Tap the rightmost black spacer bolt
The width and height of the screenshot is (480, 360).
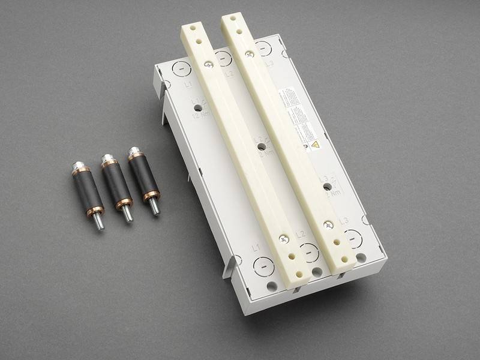tap(143, 178)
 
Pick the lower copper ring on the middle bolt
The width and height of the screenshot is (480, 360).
tap(124, 202)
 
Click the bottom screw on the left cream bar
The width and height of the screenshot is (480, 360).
tap(283, 239)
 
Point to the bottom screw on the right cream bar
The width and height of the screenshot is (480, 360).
tap(328, 224)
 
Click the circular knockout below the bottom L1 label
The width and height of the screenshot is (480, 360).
tap(263, 265)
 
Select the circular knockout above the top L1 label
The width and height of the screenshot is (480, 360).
tap(181, 68)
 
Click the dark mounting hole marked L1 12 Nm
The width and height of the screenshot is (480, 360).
tap(198, 107)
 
